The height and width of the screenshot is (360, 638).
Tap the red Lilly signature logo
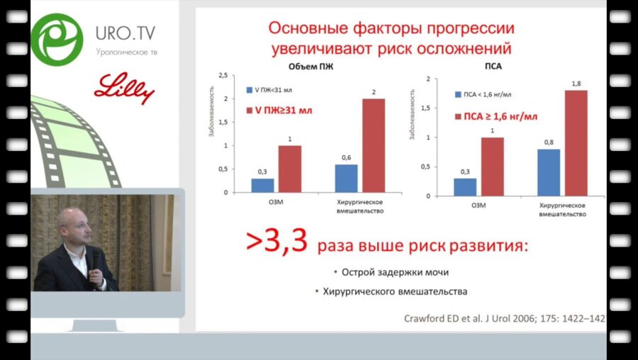[124, 88]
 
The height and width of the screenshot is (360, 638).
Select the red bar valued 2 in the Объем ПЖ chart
[374, 145]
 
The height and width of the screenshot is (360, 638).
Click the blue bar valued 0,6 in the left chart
[345, 179]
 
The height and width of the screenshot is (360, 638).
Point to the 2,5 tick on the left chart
[222, 76]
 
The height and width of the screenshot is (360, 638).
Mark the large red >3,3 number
[276, 242]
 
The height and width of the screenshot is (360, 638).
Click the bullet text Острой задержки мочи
[395, 272]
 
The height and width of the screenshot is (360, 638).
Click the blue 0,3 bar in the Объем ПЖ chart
[262, 186]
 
